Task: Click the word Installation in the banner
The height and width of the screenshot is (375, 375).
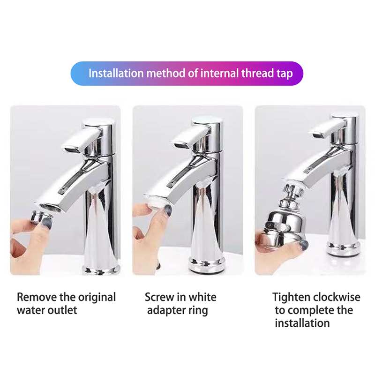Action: (116, 73)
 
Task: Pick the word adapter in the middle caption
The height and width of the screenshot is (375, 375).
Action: (166, 311)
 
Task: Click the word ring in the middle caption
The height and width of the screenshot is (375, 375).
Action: (198, 311)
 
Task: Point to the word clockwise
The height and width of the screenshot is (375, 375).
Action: (337, 297)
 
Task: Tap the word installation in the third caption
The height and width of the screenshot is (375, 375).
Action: (302, 323)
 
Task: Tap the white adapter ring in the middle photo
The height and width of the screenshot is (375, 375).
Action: (156, 202)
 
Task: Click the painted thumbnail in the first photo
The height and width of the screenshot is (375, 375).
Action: (47, 223)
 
